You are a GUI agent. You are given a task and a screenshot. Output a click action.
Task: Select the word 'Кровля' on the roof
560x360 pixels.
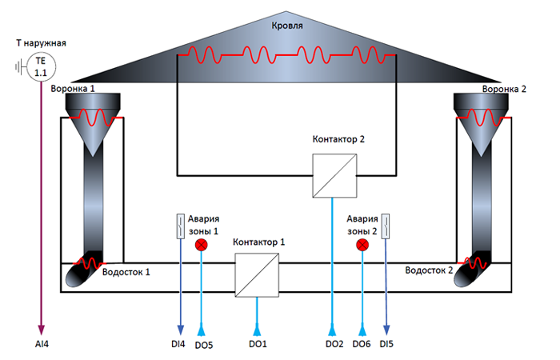click(x=287, y=26)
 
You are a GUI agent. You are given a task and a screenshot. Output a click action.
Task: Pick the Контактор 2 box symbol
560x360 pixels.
click(x=333, y=176)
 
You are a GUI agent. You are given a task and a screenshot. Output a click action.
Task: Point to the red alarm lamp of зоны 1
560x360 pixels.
click(x=202, y=244)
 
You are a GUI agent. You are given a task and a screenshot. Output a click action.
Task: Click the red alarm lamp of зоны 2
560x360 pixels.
click(x=363, y=244)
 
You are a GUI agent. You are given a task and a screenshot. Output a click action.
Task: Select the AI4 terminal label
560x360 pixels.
click(x=41, y=344)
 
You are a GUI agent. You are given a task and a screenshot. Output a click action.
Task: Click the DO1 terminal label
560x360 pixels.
click(x=258, y=345)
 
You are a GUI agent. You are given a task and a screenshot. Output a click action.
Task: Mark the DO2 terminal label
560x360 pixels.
click(x=334, y=345)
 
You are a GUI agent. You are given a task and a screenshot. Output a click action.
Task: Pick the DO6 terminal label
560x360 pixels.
click(x=362, y=345)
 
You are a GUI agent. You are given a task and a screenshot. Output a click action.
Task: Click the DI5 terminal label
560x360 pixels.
click(x=387, y=345)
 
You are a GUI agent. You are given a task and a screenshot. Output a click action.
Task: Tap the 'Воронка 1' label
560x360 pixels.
click(x=73, y=87)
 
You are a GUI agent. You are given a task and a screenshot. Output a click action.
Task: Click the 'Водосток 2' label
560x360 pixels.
click(x=430, y=271)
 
